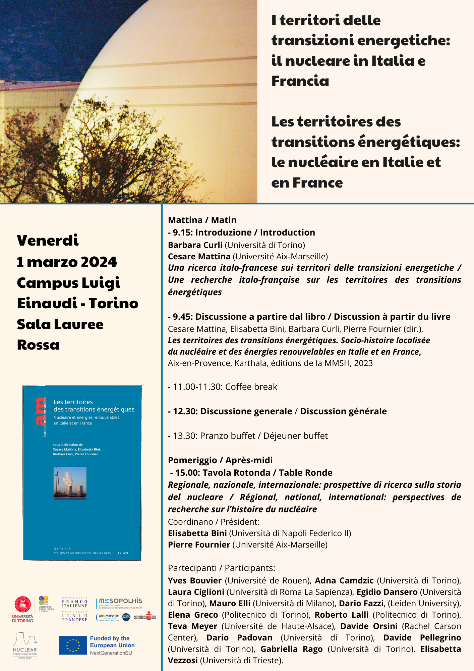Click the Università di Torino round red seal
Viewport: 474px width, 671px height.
point(22,605)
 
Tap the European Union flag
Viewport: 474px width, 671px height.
point(73,646)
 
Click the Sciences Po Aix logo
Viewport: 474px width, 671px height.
point(145,617)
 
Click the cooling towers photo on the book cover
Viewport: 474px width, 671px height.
point(70,483)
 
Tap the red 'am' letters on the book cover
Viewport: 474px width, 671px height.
point(40,411)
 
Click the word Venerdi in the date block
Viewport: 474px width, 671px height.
point(48,240)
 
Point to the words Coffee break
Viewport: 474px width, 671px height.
point(251,387)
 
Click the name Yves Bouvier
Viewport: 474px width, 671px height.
point(195,580)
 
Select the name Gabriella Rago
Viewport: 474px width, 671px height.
point(291,649)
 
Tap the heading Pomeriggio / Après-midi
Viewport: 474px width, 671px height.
point(220,460)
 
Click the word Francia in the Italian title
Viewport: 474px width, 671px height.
point(300,81)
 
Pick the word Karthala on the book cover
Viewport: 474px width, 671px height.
point(62,549)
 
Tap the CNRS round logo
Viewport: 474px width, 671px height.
point(126,617)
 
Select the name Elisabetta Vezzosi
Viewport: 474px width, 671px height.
point(440,649)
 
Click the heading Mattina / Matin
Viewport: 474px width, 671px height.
point(202,220)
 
